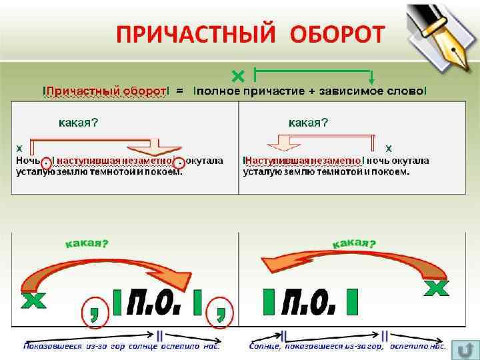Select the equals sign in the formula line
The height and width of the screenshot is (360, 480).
179,90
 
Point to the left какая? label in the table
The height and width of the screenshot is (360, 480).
79,123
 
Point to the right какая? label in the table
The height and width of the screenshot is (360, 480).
308,123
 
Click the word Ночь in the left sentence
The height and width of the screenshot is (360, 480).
27,161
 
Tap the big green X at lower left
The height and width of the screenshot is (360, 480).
33,301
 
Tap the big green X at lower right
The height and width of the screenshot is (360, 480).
437,288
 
